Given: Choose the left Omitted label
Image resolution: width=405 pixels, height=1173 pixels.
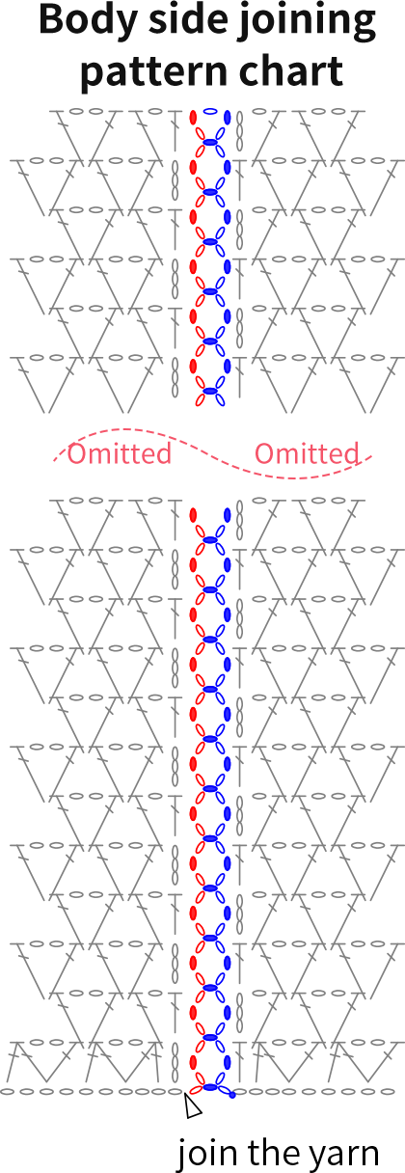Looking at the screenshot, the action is [x=120, y=453].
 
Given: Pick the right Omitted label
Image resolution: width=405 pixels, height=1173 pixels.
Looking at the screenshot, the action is [x=307, y=453].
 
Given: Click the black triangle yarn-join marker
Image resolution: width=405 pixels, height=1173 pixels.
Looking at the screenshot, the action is [x=193, y=1106].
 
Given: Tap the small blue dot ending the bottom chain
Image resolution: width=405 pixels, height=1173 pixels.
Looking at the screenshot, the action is [x=232, y=1095].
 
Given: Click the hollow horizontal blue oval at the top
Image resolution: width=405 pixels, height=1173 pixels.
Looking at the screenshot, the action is [x=210, y=111].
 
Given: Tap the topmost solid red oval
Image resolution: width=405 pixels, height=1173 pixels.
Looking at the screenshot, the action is [x=193, y=117].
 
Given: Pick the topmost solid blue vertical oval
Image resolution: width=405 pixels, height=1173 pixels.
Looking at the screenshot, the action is [x=228, y=117].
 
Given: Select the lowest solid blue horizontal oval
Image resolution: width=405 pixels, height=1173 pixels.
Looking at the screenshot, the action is [x=210, y=1088].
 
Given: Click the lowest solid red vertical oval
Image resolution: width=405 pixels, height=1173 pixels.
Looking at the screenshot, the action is [x=193, y=1062].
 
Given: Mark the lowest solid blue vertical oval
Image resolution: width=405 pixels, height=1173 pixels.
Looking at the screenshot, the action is [x=228, y=1062].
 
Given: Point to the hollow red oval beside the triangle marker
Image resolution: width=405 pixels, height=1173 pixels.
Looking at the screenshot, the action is [x=196, y=1090].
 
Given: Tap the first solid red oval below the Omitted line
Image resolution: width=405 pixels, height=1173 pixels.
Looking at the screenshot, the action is [x=193, y=515].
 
